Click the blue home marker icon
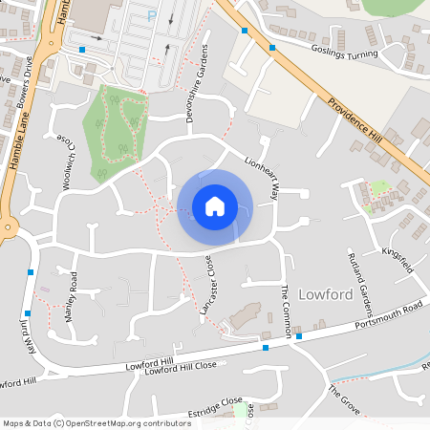click(x=214, y=206)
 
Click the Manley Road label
click(x=70, y=299)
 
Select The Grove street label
click(x=345, y=399)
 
